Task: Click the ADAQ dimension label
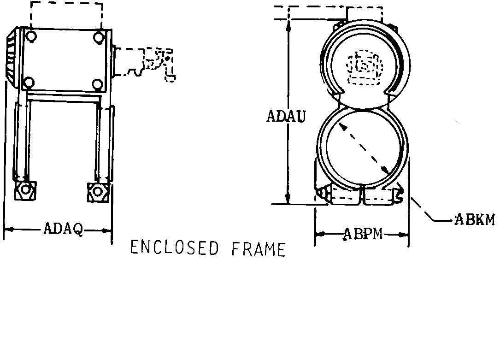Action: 63,229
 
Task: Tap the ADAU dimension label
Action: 286,116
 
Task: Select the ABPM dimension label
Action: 363,234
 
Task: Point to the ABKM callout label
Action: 475,220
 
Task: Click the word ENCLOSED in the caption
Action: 175,248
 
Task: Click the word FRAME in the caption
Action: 258,249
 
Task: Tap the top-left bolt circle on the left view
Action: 31,35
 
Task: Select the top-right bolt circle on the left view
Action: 99,37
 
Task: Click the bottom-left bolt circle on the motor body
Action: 29,83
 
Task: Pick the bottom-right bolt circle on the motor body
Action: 97,84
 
